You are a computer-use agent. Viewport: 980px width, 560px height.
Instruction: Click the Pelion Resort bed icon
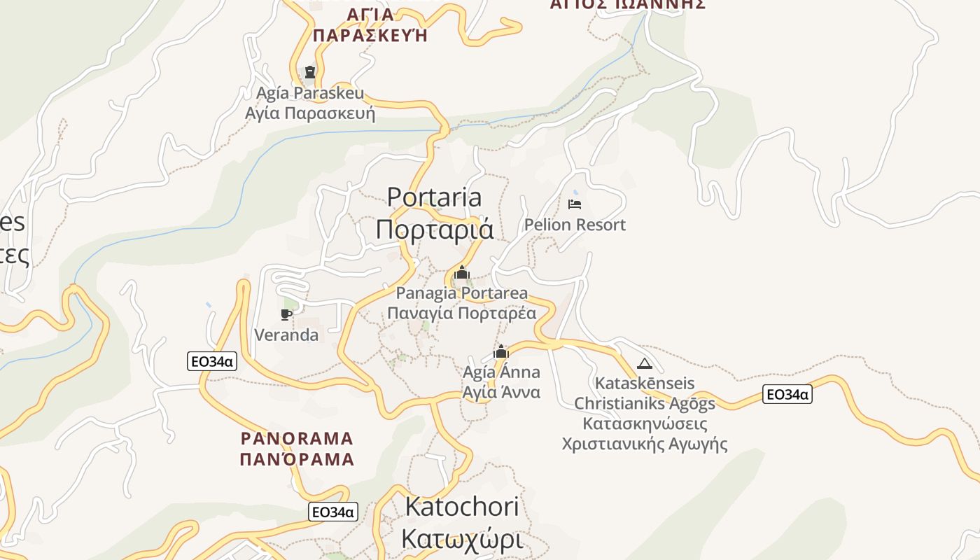coord(575,204)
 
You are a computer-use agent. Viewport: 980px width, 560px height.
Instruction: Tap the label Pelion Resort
coord(575,225)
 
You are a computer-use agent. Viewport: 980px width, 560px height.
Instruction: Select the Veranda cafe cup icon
coord(286,314)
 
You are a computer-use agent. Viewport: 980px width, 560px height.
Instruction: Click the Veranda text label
coord(286,335)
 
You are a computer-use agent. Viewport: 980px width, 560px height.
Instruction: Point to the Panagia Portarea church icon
coord(461,273)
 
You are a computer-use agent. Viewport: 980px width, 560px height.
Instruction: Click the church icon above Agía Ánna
coord(501,351)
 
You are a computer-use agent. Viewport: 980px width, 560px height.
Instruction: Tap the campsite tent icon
coord(645,363)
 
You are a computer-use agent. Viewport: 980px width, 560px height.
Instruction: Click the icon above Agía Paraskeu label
coord(310,72)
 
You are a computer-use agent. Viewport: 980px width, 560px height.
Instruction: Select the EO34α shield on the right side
coord(787,395)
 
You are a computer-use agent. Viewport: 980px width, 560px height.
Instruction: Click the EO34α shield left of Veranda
coord(212,361)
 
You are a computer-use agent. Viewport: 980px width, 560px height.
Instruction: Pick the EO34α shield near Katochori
coord(333,512)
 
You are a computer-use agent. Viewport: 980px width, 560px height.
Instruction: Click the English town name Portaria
coord(435,197)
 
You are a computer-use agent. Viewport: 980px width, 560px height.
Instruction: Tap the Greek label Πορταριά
coord(435,230)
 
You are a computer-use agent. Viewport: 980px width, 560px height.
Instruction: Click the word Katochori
coord(462,507)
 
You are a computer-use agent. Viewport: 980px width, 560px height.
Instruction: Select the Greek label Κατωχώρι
coord(462,540)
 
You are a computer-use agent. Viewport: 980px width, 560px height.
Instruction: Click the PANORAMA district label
coord(297,439)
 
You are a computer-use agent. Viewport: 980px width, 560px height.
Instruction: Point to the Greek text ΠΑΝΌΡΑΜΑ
coord(297,460)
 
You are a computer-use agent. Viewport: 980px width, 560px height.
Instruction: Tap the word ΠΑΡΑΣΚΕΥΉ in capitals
coord(370,36)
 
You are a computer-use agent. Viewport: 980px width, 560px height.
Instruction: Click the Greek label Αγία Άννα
coord(501,392)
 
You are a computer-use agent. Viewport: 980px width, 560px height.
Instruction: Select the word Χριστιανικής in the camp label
coord(613,444)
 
